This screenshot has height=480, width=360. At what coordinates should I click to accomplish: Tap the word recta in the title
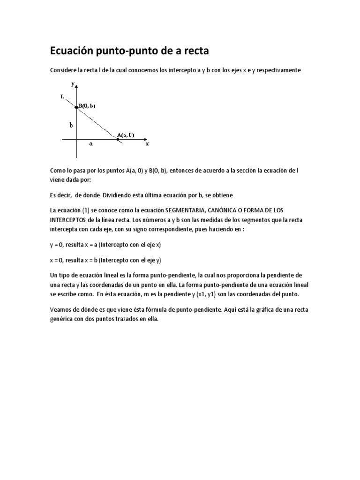[x=193, y=51]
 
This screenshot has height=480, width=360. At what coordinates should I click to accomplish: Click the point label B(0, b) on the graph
[x=87, y=106]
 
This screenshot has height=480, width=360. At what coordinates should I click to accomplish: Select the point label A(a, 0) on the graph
[x=125, y=135]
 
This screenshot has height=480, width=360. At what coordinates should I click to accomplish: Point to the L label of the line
[x=63, y=97]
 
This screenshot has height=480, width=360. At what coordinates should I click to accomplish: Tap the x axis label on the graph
[x=147, y=144]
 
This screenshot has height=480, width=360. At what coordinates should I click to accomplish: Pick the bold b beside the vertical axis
[x=71, y=125]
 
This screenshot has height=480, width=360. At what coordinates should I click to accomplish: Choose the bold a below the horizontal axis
[x=91, y=144]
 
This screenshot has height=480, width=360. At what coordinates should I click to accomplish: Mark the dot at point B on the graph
[x=76, y=107]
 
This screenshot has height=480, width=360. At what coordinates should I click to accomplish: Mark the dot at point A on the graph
[x=118, y=139]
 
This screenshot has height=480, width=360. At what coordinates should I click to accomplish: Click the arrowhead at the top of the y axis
[x=76, y=85]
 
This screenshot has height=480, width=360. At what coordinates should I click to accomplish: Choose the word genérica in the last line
[x=63, y=319]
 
